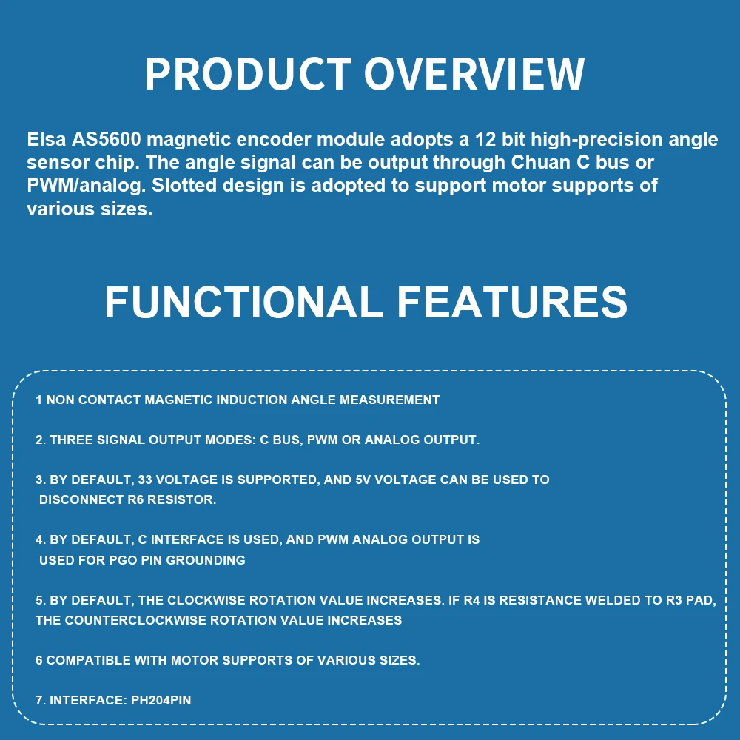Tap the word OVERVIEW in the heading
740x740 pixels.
tap(474, 73)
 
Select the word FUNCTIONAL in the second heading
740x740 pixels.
tap(243, 302)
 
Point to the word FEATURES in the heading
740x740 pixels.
tap(513, 302)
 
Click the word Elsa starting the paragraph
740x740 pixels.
tap(47, 139)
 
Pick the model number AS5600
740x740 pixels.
tap(106, 139)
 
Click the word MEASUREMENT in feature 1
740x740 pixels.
tap(389, 400)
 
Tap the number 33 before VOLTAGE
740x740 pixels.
tap(144, 480)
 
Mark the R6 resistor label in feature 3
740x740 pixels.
tap(135, 499)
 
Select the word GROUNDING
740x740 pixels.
tap(205, 560)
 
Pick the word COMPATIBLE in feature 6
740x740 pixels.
tap(88, 660)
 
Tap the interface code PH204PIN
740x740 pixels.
tap(161, 700)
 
